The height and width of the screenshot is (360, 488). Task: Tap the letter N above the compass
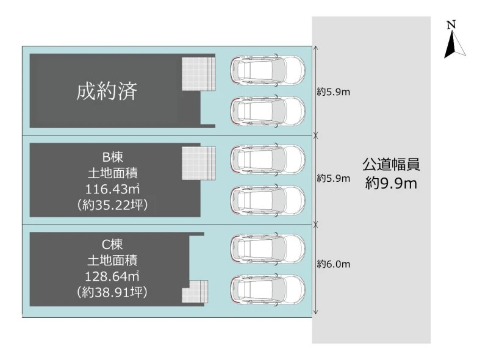click(x=451, y=24)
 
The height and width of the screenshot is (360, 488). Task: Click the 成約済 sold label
click(x=107, y=92)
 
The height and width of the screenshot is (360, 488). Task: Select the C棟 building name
click(x=112, y=244)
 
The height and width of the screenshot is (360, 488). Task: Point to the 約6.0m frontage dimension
click(x=333, y=264)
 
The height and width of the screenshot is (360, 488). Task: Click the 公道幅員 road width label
click(x=391, y=165)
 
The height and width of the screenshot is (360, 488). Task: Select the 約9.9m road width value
click(x=391, y=182)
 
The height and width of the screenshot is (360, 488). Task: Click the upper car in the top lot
click(x=267, y=70)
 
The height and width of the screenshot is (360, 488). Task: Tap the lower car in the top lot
click(x=267, y=110)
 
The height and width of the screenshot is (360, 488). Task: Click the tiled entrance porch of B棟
click(x=199, y=163)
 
